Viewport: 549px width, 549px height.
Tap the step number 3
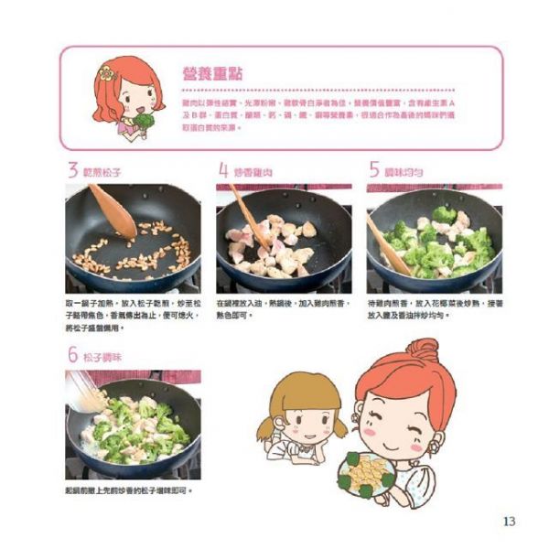(71, 170)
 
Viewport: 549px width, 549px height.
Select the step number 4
(223, 170)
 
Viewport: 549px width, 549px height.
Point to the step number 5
(374, 170)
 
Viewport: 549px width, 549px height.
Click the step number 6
(71, 356)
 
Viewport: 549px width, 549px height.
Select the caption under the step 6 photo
(128, 491)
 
